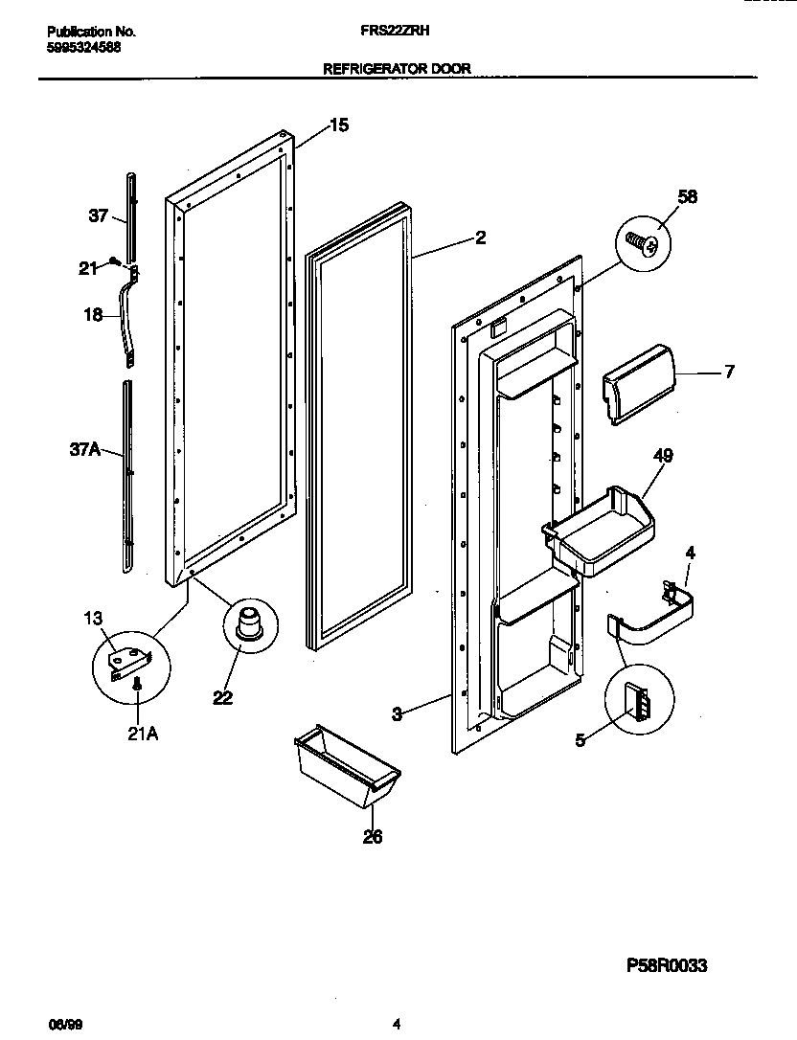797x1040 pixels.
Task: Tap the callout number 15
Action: [339, 124]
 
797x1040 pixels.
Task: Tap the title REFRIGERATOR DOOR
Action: [398, 69]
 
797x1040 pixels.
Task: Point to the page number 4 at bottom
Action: [397, 1024]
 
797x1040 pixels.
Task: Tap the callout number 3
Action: [398, 712]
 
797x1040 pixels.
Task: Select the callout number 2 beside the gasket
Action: [480, 237]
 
